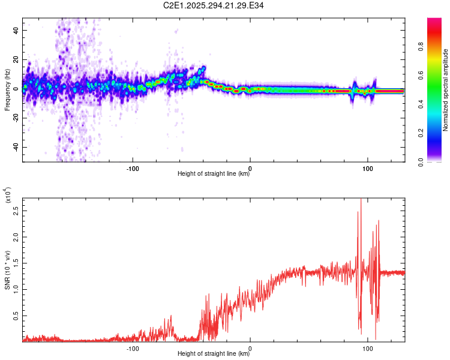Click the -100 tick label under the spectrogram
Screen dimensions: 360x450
pyautogui.click(x=133, y=168)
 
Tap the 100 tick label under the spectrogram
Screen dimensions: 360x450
pyautogui.click(x=367, y=168)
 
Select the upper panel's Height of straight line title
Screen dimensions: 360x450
pyautogui.click(x=214, y=174)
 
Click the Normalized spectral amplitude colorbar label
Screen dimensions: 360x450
pyautogui.click(x=446, y=90)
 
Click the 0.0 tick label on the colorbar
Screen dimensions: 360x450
pyautogui.click(x=439, y=161)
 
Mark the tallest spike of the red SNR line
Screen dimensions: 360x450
pyautogui.click(x=361, y=200)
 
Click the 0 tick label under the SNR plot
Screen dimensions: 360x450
pyautogui.click(x=250, y=348)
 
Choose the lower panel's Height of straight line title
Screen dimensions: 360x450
pyautogui.click(x=214, y=354)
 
